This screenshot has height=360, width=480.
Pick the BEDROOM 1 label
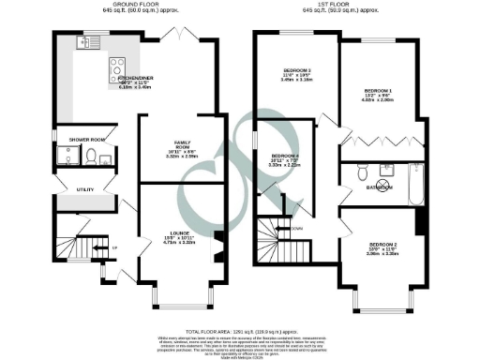point(378,90)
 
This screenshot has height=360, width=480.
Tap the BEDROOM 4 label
point(284,155)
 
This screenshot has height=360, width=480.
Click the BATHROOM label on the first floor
point(380,186)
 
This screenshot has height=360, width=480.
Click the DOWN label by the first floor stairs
point(296,227)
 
